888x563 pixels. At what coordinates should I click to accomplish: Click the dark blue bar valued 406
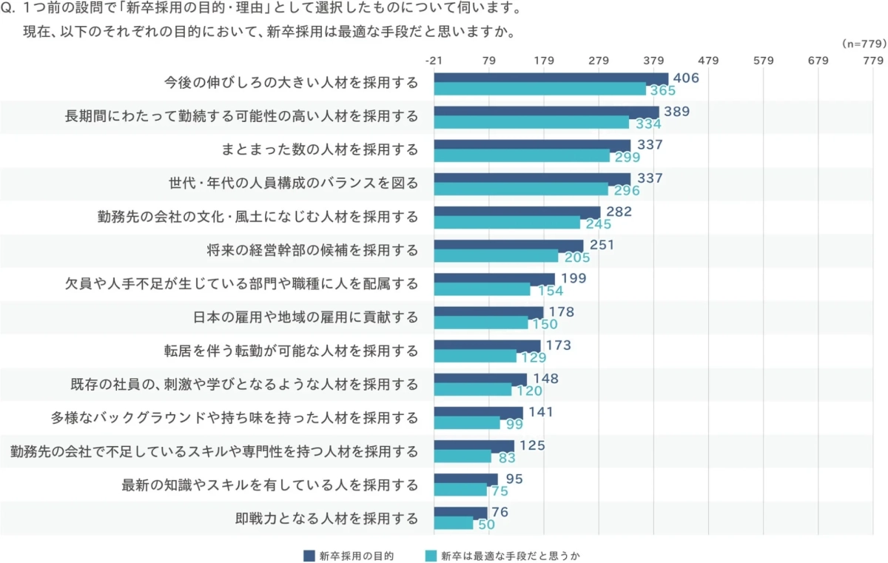click(551, 78)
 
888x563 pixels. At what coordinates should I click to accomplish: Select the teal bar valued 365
click(540, 90)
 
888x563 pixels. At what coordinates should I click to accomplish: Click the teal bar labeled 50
click(454, 523)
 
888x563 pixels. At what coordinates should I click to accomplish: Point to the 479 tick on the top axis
click(708, 60)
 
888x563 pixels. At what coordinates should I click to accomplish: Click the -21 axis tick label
click(434, 60)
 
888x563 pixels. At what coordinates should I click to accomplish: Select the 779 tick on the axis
click(872, 60)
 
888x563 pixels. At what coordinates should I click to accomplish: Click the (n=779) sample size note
click(864, 44)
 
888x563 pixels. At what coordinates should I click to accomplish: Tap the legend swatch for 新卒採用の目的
click(309, 555)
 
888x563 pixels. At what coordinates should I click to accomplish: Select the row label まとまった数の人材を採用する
click(320, 150)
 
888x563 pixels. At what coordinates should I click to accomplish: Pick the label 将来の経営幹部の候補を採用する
click(313, 251)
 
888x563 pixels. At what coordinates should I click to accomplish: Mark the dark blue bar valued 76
click(460, 512)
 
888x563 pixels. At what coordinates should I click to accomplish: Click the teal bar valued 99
click(467, 423)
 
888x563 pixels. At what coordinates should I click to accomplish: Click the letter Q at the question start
click(8, 10)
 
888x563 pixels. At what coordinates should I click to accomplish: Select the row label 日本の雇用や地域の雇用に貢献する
click(305, 317)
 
